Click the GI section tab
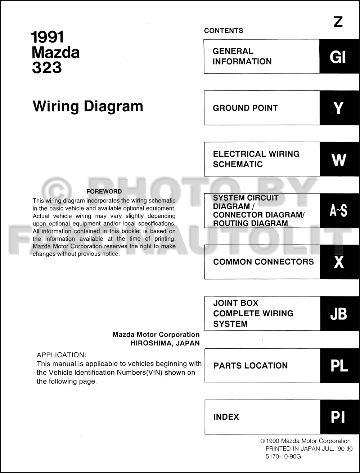[x=339, y=57]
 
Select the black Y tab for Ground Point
[x=339, y=108]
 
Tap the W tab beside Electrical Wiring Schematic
[x=339, y=159]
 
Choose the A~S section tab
[x=339, y=211]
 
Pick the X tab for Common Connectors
[x=339, y=262]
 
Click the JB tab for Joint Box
[x=339, y=313]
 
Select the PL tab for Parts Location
[x=339, y=365]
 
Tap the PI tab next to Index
[x=339, y=417]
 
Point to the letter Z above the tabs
[x=338, y=22]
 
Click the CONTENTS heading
[x=224, y=31]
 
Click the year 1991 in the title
[x=48, y=37]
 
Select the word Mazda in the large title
[x=55, y=53]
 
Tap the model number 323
[x=47, y=68]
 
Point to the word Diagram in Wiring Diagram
[x=113, y=106]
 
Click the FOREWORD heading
[x=104, y=192]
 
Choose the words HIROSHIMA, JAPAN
[x=165, y=343]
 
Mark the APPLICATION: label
[x=62, y=355]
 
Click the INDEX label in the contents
[x=226, y=417]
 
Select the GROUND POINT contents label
[x=245, y=108]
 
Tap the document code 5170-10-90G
[x=283, y=456]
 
